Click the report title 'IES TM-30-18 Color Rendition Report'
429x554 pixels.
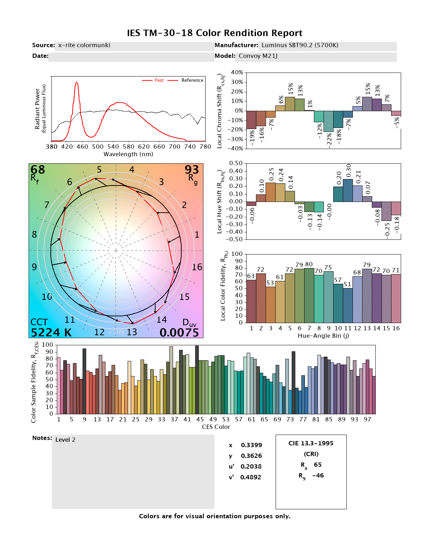click(214, 33)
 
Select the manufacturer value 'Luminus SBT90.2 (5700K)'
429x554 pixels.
click(300, 45)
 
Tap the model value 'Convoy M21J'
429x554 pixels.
click(258, 56)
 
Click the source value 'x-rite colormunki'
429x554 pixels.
click(84, 45)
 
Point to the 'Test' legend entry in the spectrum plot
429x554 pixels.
click(159, 80)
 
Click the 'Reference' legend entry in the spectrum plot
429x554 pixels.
click(192, 80)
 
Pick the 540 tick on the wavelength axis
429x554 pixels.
click(113, 147)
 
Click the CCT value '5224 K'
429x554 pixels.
click(51, 332)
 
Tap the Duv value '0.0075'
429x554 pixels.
click(179, 332)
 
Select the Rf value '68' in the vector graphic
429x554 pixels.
click(38, 169)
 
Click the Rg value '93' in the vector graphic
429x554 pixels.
click(192, 169)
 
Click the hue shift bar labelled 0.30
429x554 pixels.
click(348, 190)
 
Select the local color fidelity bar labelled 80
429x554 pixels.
click(309, 296)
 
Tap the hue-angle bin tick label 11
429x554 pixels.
click(348, 328)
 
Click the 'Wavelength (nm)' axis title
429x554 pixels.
click(128, 154)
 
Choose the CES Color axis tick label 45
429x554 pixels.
click(200, 419)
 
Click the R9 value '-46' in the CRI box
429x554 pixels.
click(318, 475)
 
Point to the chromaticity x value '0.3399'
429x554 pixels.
click(251, 445)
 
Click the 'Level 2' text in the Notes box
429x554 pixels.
click(65, 440)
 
